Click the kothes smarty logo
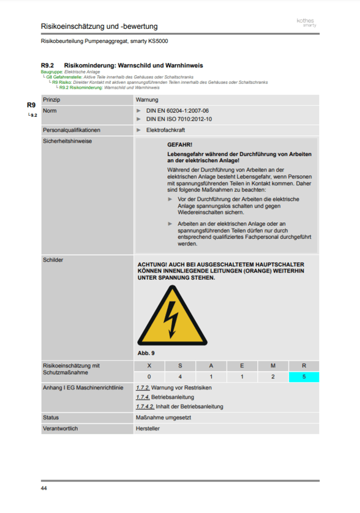coord(306,23)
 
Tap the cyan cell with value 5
coord(304,376)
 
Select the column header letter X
coord(149,365)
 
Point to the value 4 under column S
coord(180,376)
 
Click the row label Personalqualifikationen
coord(71,130)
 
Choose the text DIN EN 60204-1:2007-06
coord(178,111)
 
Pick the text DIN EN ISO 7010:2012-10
coord(179,119)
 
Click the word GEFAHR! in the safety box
coord(179,144)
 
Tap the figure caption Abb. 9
coord(146,353)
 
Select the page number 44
coord(44,488)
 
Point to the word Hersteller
coord(148,429)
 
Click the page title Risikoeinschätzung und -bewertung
coord(99,26)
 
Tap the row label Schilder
coord(53,260)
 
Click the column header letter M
coord(273,365)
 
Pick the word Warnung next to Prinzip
coord(148,99)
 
